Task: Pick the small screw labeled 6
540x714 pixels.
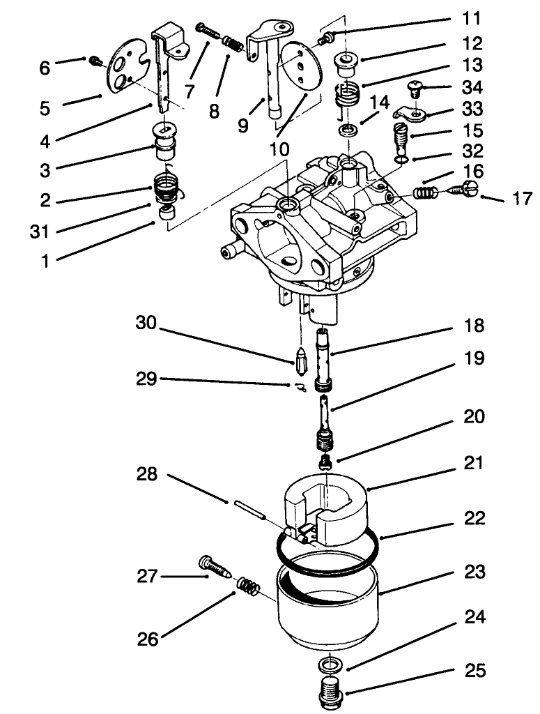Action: (x=95, y=63)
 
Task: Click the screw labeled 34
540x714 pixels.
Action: (x=415, y=89)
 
